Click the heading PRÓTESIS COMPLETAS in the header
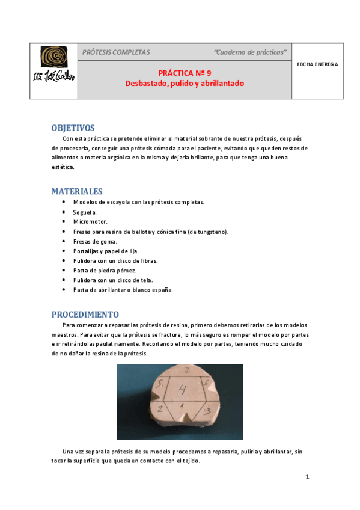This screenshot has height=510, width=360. click(x=116, y=52)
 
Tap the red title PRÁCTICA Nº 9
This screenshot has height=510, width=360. click(x=185, y=71)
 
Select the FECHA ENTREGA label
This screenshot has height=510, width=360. click(x=317, y=63)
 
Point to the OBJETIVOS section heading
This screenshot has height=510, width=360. click(x=73, y=128)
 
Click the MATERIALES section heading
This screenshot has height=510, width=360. click(x=76, y=191)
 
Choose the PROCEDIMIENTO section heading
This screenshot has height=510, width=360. click(x=85, y=315)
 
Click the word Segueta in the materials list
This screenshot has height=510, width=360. click(x=85, y=212)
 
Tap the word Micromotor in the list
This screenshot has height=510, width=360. click(x=90, y=222)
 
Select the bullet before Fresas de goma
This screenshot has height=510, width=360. click(x=64, y=241)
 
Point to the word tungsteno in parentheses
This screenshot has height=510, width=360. click(x=213, y=232)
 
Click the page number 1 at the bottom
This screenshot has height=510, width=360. click(x=307, y=478)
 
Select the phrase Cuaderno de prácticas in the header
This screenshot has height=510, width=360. click(x=251, y=52)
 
